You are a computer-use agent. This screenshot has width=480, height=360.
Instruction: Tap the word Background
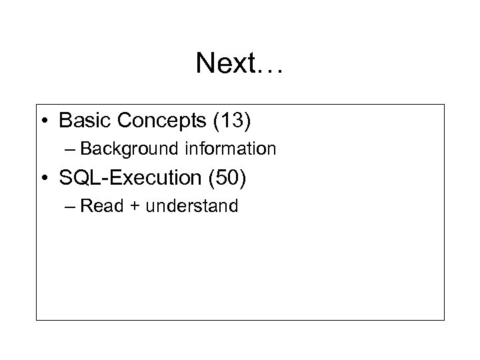pos(133,149)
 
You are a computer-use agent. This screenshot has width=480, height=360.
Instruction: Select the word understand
pos(192,206)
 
